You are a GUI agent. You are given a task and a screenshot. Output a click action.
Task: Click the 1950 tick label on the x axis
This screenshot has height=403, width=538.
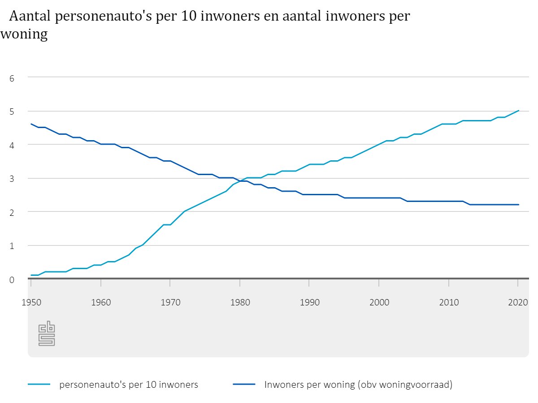31,302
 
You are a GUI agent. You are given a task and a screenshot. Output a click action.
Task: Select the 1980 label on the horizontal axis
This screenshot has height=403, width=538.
240,302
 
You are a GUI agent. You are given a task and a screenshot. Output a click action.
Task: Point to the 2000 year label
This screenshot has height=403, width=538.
379,302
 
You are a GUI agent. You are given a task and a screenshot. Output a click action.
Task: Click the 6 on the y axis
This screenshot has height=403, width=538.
12,78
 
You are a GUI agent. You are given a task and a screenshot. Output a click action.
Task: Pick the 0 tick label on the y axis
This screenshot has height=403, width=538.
12,279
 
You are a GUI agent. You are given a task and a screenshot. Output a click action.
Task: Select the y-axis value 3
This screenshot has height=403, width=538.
12,179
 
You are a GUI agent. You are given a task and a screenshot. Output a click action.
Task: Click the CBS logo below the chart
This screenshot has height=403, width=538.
46,334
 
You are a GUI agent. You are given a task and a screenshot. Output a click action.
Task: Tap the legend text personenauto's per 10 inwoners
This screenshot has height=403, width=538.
129,385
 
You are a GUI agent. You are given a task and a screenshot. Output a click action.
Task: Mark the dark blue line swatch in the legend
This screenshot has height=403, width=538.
244,384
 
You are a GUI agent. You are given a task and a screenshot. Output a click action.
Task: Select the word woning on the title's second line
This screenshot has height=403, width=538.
24,34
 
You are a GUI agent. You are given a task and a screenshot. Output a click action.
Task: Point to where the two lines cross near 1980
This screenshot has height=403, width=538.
241,181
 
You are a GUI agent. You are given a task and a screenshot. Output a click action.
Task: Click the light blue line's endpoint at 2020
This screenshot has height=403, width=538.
519,111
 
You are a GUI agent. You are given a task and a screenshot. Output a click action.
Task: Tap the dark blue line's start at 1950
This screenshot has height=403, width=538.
31,124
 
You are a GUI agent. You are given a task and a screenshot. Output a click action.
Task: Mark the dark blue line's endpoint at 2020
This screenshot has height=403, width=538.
519,205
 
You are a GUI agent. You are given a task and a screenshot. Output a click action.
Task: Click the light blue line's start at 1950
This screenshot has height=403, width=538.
31,275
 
